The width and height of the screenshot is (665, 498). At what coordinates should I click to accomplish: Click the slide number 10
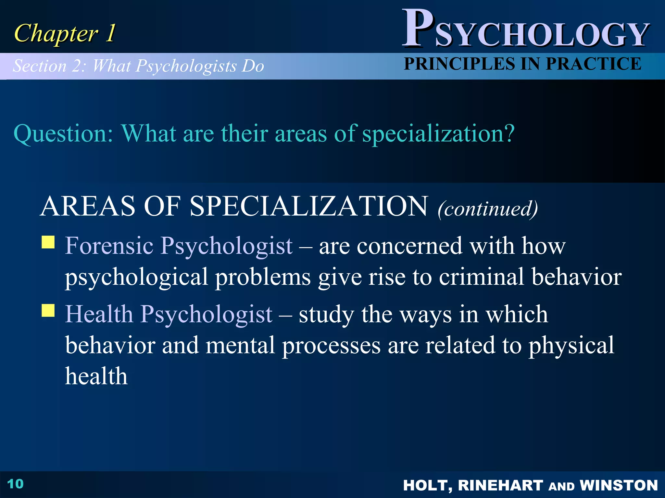tap(15, 484)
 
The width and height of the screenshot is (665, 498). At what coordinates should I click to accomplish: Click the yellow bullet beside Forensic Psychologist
tap(48, 242)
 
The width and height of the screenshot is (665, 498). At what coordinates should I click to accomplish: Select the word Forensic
tap(109, 245)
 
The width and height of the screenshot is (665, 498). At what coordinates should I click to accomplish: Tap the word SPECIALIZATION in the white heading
tap(309, 206)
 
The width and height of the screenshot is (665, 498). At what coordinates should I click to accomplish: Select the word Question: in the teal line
tap(63, 134)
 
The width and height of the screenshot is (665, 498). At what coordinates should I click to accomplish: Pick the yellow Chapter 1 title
tap(65, 33)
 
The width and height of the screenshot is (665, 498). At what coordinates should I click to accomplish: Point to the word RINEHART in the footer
tap(500, 485)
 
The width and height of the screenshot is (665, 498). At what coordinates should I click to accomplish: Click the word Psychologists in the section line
tap(186, 66)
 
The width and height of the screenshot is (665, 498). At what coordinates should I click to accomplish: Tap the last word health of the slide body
tap(96, 376)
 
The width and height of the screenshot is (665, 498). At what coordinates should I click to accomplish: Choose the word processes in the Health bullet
tap(331, 346)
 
